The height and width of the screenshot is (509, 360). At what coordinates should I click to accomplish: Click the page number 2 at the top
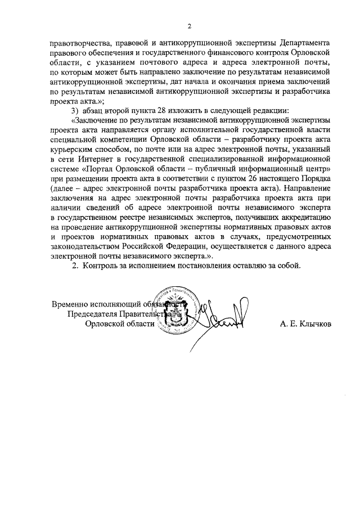(x=190, y=26)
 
